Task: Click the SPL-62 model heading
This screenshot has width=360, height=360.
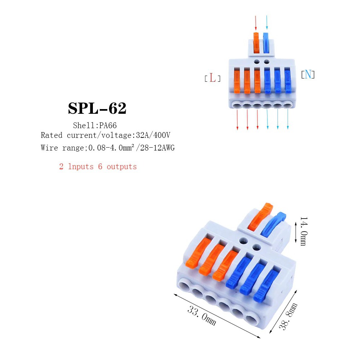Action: coord(97,108)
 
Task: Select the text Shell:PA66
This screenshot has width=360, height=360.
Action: coord(95,125)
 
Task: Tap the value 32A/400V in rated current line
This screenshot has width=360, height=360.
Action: coord(153,135)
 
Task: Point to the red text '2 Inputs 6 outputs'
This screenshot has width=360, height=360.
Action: coord(98,166)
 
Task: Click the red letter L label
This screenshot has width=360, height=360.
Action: coord(213,78)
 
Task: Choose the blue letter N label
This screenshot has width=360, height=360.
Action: coord(308,75)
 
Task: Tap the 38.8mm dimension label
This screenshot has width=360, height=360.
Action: coord(288,316)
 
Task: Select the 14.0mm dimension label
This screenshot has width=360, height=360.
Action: coord(303,231)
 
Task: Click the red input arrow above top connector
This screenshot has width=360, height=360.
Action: coord(256,23)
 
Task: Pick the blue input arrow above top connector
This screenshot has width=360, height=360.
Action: coord(267,22)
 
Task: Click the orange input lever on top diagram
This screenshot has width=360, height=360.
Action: coord(256,43)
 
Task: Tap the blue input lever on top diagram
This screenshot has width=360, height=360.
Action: coord(266,43)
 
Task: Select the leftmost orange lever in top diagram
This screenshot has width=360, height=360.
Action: coord(237,81)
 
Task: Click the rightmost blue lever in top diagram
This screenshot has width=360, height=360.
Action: coord(288,81)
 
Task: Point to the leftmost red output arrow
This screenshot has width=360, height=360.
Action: coord(237,120)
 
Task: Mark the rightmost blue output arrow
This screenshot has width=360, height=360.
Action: coord(288,119)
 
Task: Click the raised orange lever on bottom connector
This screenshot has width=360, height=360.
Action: coord(261,216)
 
